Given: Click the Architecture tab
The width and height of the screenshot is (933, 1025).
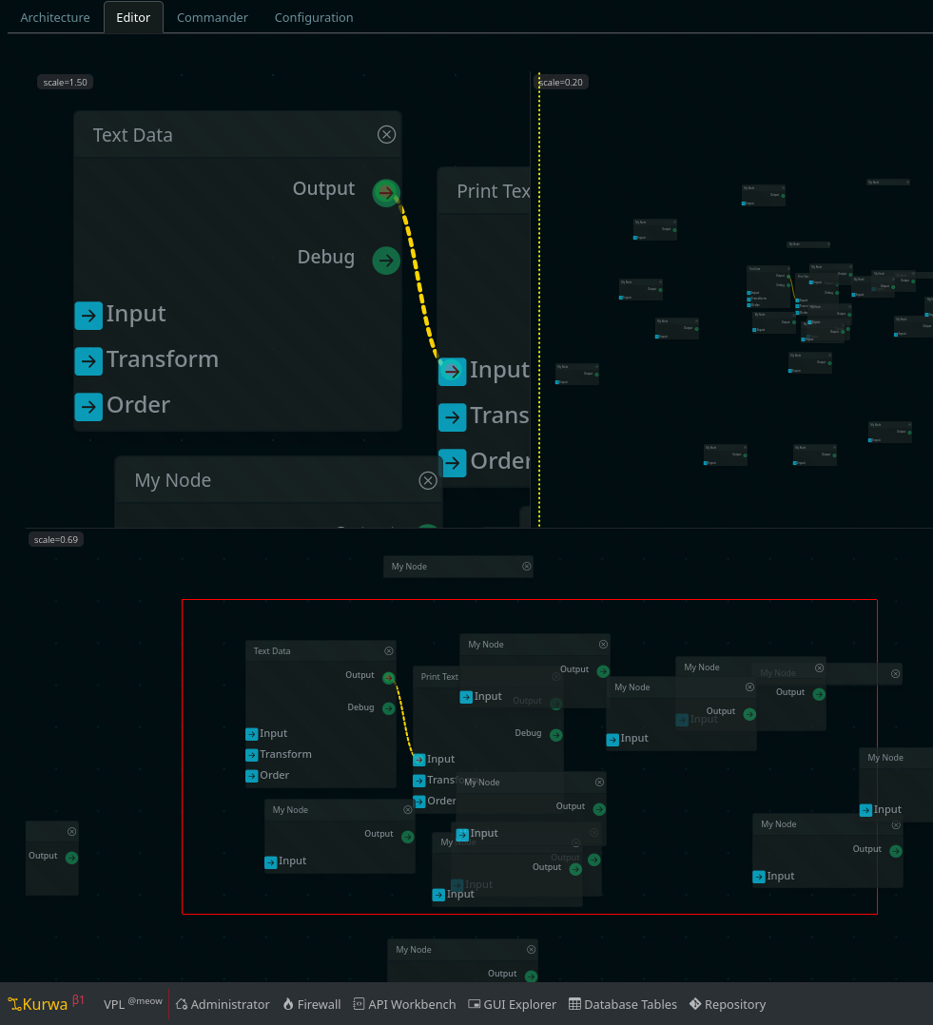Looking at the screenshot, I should coord(55,17).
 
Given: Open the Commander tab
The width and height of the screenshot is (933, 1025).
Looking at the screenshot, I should coord(212,17).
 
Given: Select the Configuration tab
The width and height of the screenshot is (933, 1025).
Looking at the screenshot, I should coord(314,17).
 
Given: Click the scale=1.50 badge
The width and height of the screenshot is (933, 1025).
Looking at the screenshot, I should coord(65,83).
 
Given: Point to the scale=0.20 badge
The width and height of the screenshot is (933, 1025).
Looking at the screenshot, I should coord(561,83).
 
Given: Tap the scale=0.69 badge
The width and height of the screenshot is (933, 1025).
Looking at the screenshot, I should coord(56,539).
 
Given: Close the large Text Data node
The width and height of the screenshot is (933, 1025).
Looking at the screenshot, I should coord(386,135).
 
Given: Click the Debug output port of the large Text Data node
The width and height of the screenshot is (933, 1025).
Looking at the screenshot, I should coord(385,260).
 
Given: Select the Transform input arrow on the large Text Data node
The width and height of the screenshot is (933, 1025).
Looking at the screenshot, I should coord(88,360).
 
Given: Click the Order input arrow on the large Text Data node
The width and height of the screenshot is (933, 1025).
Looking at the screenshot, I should coord(88,406).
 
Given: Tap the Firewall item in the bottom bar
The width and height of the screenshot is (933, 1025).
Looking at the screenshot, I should coord(312,1004).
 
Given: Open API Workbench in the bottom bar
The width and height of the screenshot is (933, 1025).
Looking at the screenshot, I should coord(404,1004).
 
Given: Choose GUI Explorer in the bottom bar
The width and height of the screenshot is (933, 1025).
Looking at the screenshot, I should coord(513,1004).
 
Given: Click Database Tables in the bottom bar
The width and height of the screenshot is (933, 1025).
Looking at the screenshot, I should coord(623,1004).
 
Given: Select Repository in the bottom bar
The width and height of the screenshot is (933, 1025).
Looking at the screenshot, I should coord(728,1004).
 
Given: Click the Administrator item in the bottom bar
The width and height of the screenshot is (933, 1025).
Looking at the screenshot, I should coord(223,1004).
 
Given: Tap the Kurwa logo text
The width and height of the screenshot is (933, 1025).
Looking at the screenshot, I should coord(44,1004).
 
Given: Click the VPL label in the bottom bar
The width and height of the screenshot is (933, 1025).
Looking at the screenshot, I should coord(114,1004).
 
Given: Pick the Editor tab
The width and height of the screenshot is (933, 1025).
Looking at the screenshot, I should coord(133,17).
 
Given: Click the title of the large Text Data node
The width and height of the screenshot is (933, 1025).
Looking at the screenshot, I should coord(133,135).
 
